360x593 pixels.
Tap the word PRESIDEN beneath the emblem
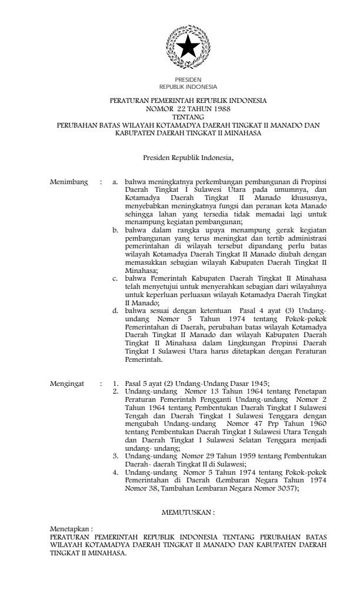pyautogui.click(x=188, y=79)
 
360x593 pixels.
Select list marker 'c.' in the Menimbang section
pyautogui.click(x=116, y=277)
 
